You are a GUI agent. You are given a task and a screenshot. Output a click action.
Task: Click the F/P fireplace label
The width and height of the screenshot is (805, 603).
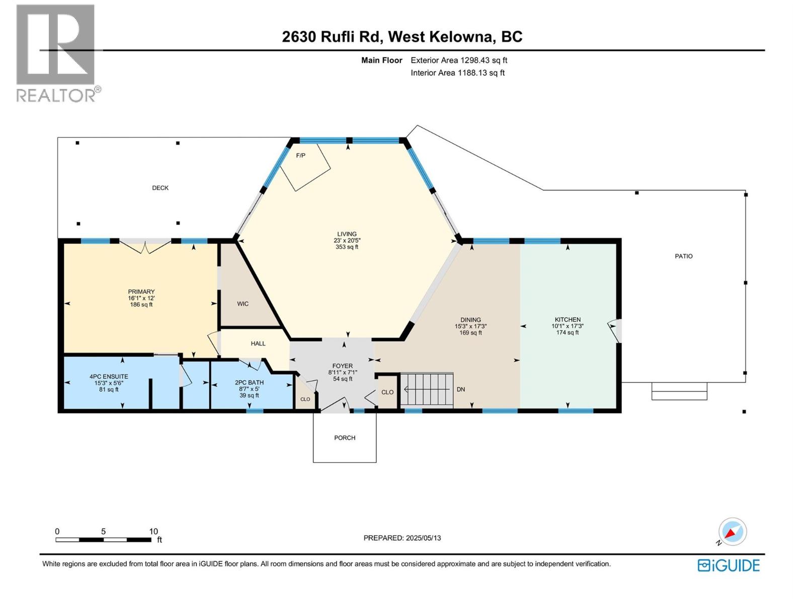[x=300, y=155]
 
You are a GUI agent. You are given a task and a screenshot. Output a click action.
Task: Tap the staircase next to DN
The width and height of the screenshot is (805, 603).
[x=427, y=389]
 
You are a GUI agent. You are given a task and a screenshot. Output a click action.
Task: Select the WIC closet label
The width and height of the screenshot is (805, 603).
[x=243, y=304]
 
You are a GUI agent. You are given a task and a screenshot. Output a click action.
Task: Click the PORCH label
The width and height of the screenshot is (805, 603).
[x=345, y=438]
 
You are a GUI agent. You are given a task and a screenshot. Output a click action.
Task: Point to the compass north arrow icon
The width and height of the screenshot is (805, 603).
[x=732, y=532]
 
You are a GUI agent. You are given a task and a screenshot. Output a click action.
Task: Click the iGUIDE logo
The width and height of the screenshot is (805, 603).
[x=729, y=565]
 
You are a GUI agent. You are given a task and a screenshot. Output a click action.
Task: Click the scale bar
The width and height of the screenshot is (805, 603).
[x=103, y=540]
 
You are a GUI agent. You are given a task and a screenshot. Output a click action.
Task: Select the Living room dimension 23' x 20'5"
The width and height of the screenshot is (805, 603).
[x=347, y=241]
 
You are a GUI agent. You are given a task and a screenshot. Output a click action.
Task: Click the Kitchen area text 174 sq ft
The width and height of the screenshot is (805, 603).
[x=568, y=333]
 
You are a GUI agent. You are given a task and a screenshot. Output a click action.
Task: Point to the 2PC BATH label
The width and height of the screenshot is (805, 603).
[x=249, y=382]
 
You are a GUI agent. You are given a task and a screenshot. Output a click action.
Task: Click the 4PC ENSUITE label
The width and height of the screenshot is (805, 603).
[x=109, y=376]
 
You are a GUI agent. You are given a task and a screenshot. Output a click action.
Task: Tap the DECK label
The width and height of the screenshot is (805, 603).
[x=160, y=188]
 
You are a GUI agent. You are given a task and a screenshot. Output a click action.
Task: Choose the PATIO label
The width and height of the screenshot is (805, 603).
[x=683, y=256]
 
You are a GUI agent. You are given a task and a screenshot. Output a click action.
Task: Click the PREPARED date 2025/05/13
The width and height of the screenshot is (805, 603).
[x=402, y=538]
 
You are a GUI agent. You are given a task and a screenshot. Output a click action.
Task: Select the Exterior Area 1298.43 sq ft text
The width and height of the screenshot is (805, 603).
[x=458, y=60]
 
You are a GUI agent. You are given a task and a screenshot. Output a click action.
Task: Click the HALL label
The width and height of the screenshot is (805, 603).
[x=258, y=344]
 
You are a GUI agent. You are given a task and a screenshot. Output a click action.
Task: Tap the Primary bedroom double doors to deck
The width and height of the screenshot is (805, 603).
[x=145, y=246]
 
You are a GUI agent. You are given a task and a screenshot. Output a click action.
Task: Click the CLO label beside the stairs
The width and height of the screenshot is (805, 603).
[x=387, y=392]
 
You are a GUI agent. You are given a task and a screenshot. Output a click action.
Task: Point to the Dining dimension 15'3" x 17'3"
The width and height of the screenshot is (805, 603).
[x=470, y=326]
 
